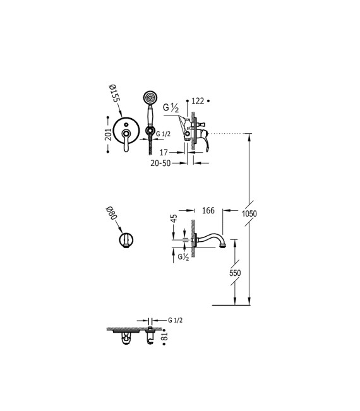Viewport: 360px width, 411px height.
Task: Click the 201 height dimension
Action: (x=108, y=133)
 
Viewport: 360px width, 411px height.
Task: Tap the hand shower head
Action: (x=150, y=98)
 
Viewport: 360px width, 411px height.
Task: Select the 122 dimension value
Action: (x=198, y=100)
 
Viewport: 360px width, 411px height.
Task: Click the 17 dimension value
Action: (x=164, y=152)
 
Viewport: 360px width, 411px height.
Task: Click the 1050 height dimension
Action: (x=249, y=213)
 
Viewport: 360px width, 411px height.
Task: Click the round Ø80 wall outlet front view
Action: (x=126, y=240)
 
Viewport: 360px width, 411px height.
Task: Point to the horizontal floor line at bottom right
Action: (x=234, y=305)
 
